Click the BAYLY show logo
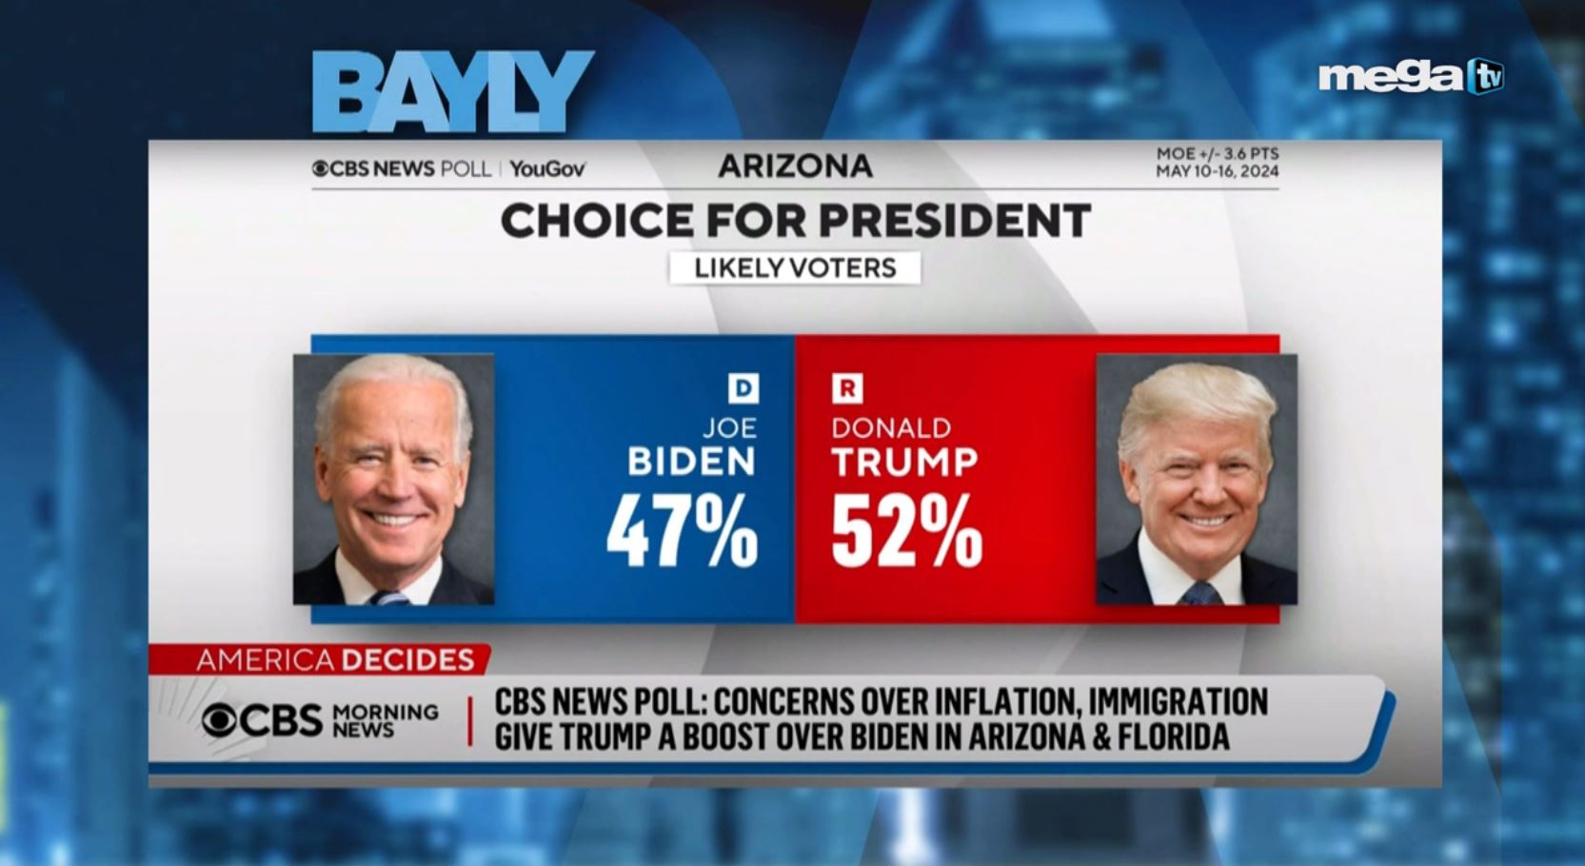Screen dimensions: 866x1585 click(x=452, y=91)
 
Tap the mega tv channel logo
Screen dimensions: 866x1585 click(x=1410, y=76)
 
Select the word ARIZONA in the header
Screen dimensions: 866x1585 click(x=795, y=167)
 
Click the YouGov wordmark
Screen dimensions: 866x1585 click(x=546, y=169)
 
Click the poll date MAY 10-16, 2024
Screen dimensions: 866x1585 click(x=1217, y=171)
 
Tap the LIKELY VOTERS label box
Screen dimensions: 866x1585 click(x=795, y=268)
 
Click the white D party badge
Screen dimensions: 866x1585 click(x=743, y=388)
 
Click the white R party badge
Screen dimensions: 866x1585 click(x=847, y=388)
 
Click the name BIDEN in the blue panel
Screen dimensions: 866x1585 click(x=691, y=463)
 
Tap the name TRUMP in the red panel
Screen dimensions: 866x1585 click(x=904, y=463)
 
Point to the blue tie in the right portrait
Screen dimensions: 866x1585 click(x=1199, y=594)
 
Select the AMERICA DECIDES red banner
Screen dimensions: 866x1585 click(x=334, y=659)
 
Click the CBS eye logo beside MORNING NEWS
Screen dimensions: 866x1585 click(x=219, y=720)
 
